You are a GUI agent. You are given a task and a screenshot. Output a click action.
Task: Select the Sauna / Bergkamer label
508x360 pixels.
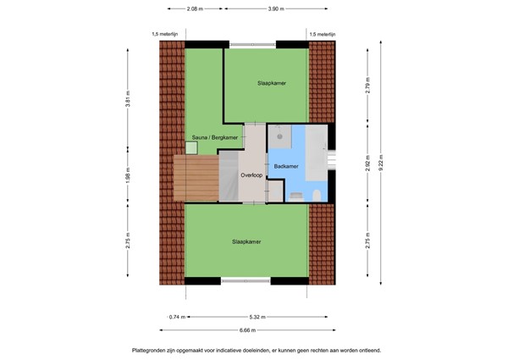(x=213, y=136)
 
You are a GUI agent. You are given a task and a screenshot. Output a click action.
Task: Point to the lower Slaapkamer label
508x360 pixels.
(x=246, y=241)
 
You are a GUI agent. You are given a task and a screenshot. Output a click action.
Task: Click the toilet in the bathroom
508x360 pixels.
(x=315, y=195)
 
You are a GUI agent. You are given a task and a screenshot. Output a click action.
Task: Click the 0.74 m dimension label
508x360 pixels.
(x=175, y=317)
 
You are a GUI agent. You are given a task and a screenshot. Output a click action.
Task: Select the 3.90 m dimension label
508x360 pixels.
(x=269, y=8)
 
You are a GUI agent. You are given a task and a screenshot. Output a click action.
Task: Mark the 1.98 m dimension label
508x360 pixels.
(x=129, y=180)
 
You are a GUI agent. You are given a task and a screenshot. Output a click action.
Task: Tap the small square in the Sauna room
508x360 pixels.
(x=192, y=148)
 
